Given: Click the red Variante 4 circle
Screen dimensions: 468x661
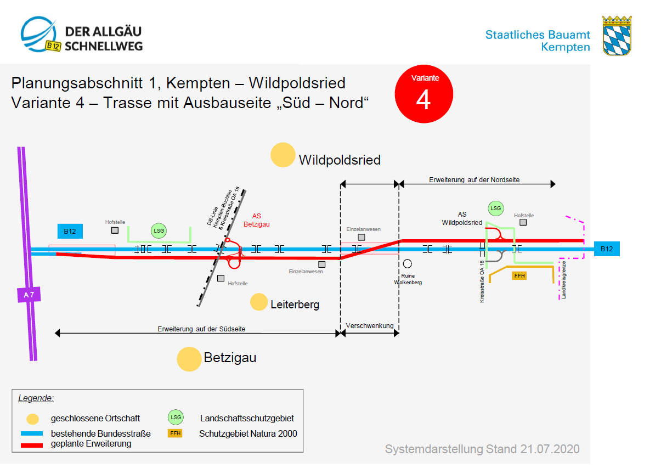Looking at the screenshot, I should click(423, 95).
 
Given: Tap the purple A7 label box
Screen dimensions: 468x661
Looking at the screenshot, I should click(29, 295).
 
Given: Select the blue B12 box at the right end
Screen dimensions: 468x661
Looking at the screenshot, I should click(607, 249).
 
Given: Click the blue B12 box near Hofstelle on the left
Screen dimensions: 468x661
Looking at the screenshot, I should click(70, 232).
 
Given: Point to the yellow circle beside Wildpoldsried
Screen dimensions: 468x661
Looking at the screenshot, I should click(283, 155).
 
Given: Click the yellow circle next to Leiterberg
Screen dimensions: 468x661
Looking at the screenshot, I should click(259, 302).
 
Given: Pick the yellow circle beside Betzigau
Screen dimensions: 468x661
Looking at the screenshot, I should click(189, 359).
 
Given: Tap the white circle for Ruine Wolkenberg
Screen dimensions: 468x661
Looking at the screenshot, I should click(408, 263).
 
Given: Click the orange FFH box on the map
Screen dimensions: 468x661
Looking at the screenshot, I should click(519, 275).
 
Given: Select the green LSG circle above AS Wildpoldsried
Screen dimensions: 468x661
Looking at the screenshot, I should click(496, 208).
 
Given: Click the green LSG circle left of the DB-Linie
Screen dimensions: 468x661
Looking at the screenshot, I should click(159, 231).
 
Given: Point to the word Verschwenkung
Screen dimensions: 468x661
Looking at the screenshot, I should click(370, 326).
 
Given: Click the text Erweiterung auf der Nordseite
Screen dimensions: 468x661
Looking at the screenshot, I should click(474, 179).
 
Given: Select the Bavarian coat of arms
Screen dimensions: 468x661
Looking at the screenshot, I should click(617, 36).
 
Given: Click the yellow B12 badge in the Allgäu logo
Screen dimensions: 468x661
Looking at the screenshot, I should click(53, 46).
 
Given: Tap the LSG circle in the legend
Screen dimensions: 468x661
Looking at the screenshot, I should click(176, 418).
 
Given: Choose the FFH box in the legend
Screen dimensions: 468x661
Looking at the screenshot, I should click(175, 433).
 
